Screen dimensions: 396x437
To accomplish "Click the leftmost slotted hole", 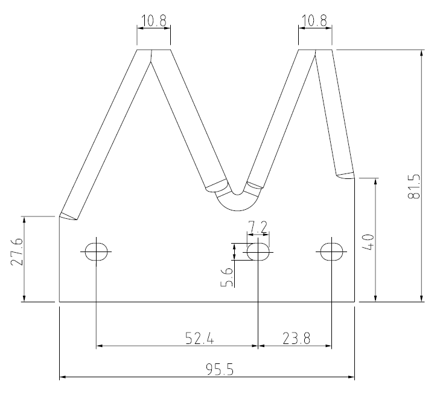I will click(96, 251).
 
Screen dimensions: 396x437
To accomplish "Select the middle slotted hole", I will click(258, 251).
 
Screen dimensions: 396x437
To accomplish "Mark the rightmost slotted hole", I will click(331, 251).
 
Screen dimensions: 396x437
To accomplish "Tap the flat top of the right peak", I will click(314, 50).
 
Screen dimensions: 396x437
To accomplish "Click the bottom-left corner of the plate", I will click(59, 301).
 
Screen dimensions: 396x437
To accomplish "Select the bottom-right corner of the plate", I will click(354, 301).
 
